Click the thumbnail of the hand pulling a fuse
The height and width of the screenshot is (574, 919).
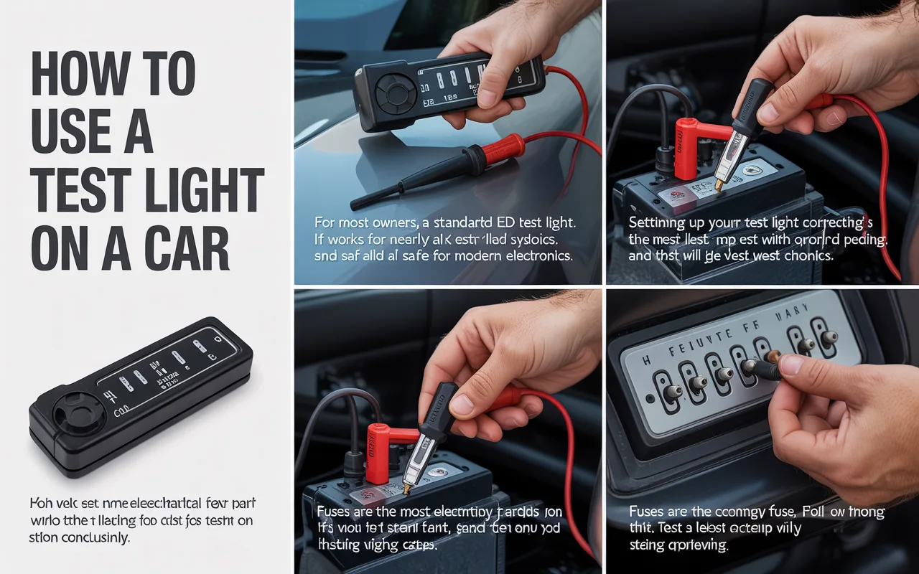coord(762,430)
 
